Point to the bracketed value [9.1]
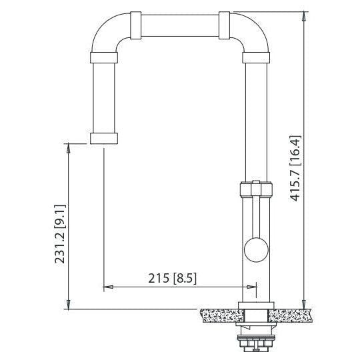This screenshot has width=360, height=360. (x=59, y=209)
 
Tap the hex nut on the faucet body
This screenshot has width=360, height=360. (x=255, y=188)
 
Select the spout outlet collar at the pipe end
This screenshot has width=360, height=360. (x=105, y=138)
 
